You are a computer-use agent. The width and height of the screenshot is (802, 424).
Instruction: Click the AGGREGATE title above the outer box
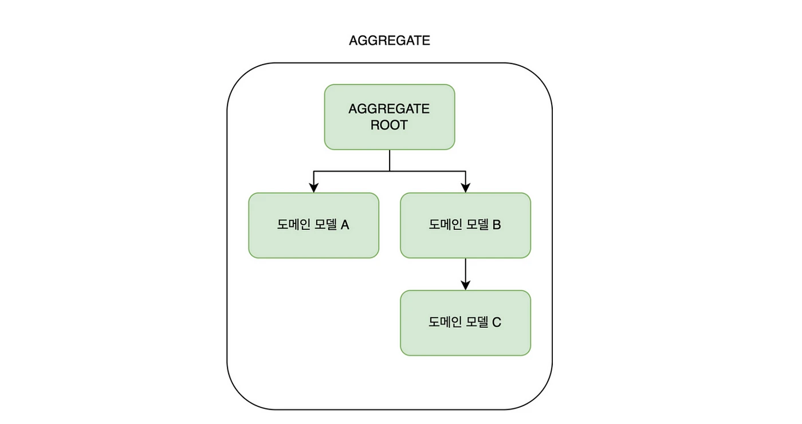(x=390, y=41)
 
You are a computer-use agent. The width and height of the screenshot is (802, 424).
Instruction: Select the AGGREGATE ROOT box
(x=390, y=117)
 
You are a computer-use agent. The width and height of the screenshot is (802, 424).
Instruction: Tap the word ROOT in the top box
(x=389, y=125)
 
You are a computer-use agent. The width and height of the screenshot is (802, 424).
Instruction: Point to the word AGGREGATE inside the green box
(x=389, y=109)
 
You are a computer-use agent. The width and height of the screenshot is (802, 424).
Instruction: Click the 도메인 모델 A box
(x=313, y=225)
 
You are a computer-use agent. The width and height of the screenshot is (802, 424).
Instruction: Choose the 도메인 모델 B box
(x=465, y=225)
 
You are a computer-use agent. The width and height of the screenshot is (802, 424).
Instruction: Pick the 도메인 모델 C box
(x=465, y=323)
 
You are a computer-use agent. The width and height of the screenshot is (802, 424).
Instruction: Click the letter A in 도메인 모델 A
(x=345, y=225)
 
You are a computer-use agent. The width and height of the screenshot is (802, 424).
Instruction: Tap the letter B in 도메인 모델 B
(x=497, y=225)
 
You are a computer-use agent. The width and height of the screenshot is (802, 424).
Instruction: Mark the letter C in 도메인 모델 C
(x=497, y=323)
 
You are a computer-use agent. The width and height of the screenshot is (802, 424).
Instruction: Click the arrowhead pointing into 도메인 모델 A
(x=313, y=187)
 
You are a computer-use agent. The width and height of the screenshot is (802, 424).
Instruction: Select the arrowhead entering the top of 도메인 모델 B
(x=465, y=187)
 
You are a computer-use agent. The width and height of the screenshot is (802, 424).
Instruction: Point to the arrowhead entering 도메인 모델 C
(x=465, y=285)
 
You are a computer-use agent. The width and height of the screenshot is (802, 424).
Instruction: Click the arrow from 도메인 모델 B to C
(x=465, y=272)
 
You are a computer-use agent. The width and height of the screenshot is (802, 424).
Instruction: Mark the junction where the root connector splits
(x=390, y=171)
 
